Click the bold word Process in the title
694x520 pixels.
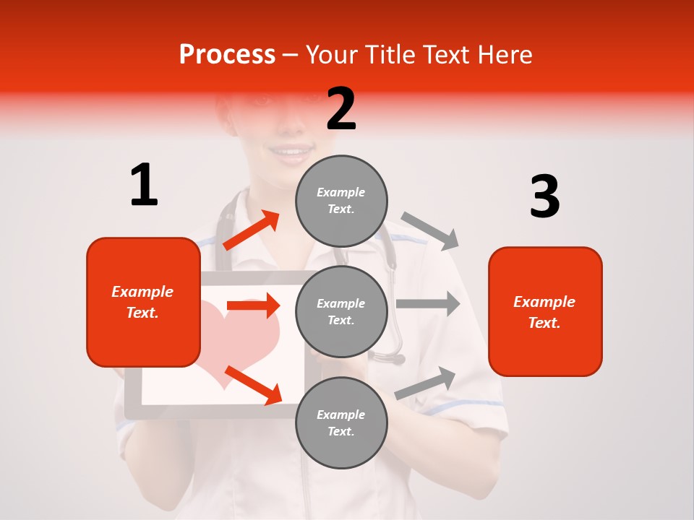(227, 55)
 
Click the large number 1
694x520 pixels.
(144, 185)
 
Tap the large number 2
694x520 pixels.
(341, 109)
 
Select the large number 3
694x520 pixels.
(544, 197)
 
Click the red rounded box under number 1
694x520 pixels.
(143, 302)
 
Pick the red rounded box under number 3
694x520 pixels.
(545, 311)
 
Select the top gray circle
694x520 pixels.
(341, 201)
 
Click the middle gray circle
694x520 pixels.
(341, 311)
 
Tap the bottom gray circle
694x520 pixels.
(341, 422)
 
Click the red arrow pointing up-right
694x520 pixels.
(252, 230)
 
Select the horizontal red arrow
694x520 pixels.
(253, 305)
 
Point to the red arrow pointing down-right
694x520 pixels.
(253, 386)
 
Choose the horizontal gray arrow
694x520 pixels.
(427, 303)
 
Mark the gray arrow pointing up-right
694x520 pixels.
(426, 383)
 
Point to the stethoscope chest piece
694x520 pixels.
(390, 357)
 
